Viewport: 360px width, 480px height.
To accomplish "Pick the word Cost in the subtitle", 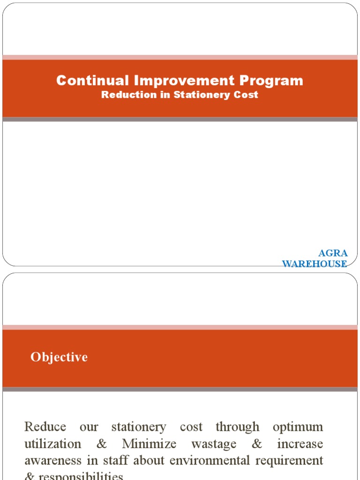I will click(x=247, y=95).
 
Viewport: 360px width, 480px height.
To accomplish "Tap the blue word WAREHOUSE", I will click(x=315, y=264).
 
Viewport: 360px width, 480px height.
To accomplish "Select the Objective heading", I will click(x=59, y=357).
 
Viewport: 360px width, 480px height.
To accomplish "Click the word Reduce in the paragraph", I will click(x=45, y=427).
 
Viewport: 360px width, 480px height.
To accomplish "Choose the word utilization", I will click(x=52, y=444).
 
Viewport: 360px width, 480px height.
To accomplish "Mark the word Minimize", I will click(x=149, y=444).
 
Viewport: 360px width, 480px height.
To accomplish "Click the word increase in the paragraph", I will click(x=300, y=444).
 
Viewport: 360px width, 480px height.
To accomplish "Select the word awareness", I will click(x=53, y=460).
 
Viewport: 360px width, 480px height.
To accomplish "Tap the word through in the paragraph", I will click(x=238, y=427).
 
